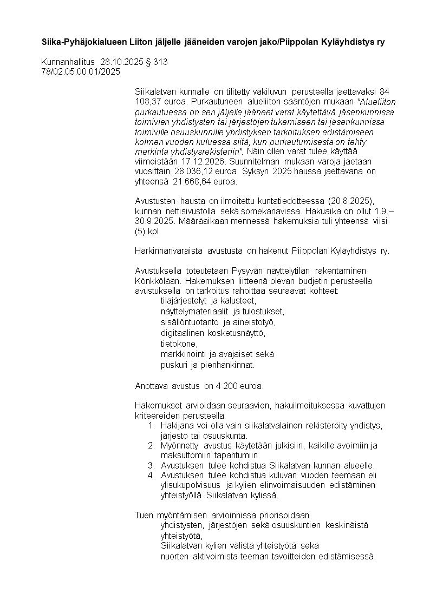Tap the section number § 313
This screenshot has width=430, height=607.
tap(157, 62)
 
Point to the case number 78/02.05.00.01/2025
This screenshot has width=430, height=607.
tap(80, 71)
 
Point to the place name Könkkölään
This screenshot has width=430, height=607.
tap(157, 281)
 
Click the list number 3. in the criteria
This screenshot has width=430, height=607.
tap(152, 465)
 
